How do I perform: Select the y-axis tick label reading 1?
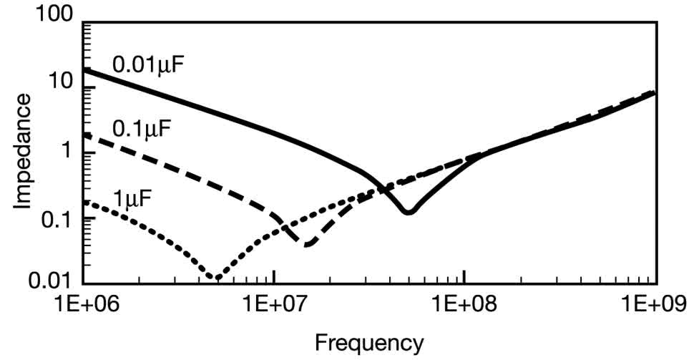70,154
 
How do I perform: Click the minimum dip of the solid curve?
408,212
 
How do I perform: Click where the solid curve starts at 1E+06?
84,69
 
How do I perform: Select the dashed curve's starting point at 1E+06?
84,134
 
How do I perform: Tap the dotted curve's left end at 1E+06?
84,202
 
